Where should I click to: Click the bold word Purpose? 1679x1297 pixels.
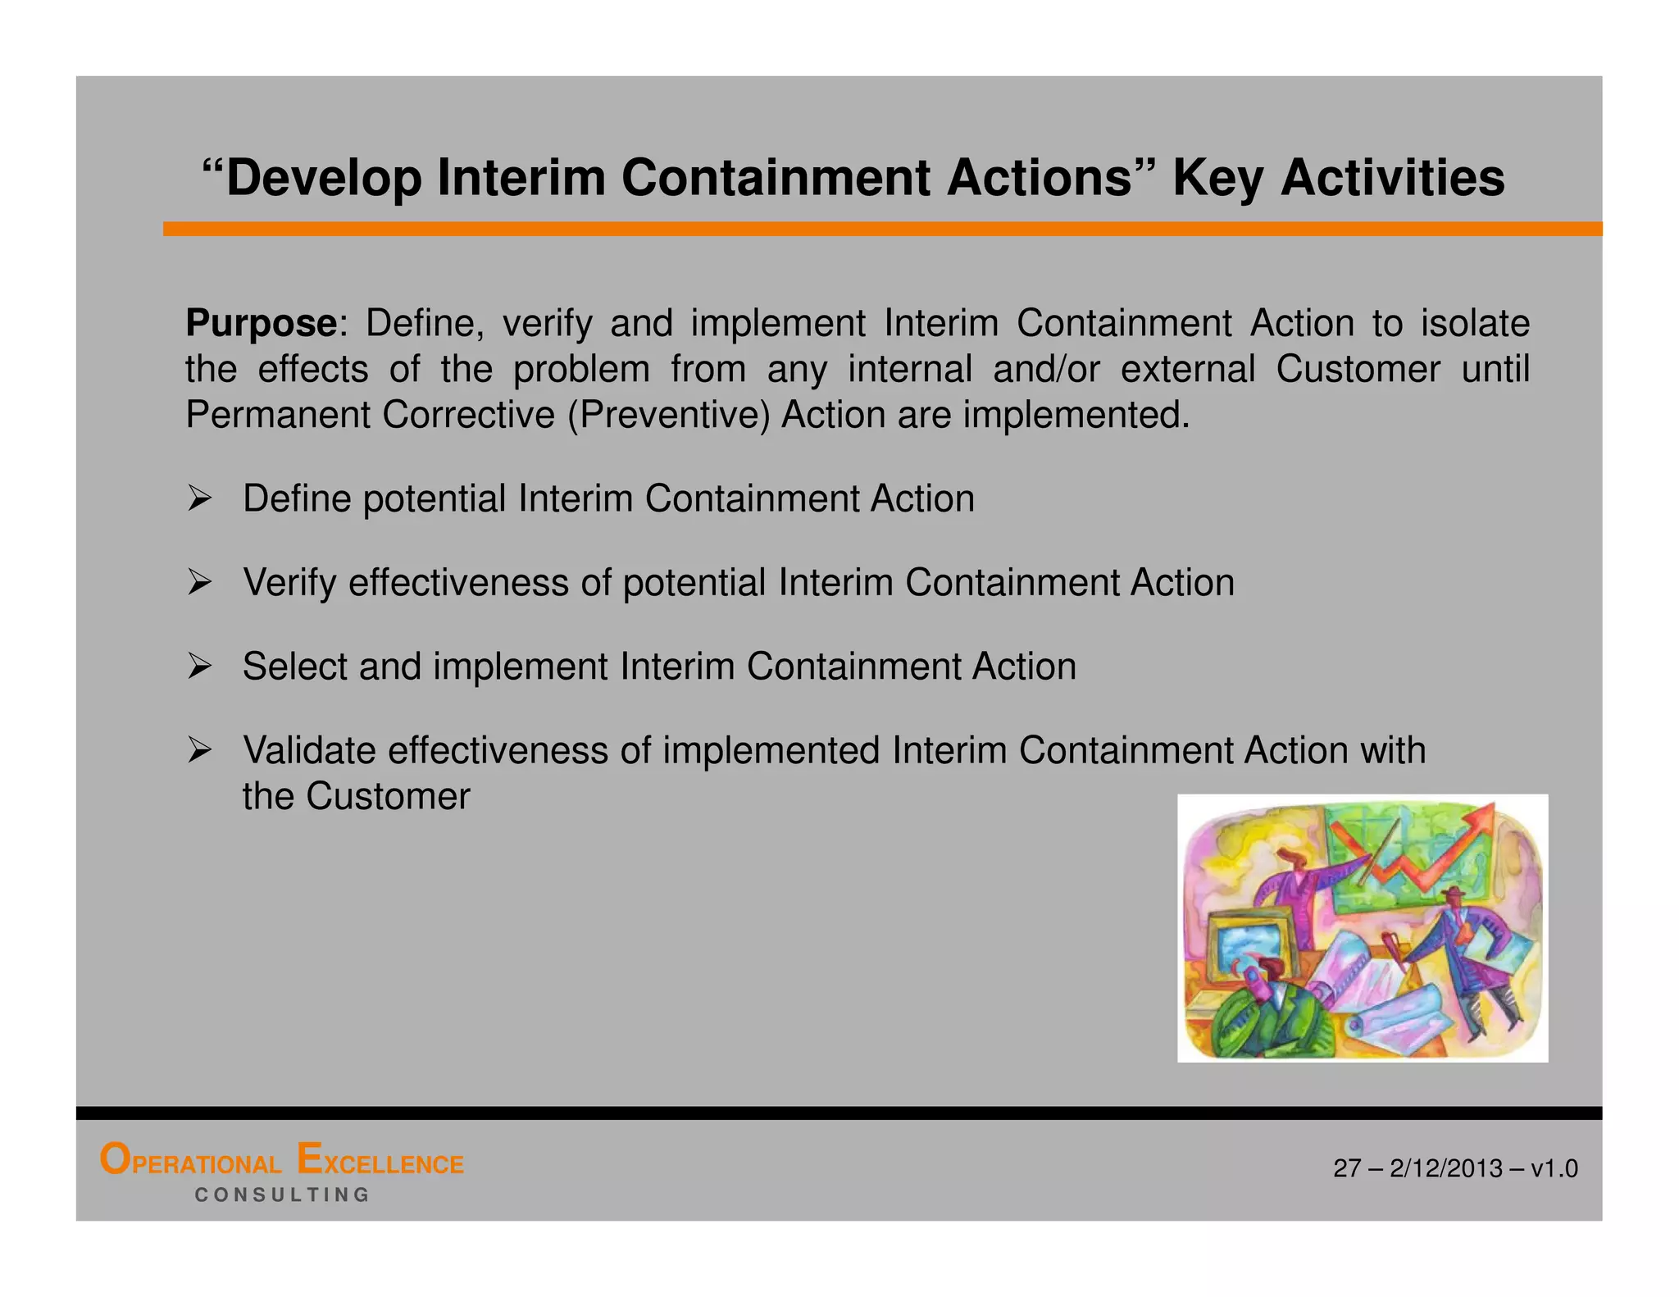[x=260, y=324]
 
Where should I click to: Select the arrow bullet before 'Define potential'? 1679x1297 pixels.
[x=199, y=498]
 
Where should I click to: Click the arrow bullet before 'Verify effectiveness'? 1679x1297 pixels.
[x=199, y=583]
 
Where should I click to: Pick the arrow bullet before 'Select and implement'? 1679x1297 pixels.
[x=199, y=667]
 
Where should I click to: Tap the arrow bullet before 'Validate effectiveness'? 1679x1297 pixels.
[x=199, y=750]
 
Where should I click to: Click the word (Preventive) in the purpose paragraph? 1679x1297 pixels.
[x=668, y=415]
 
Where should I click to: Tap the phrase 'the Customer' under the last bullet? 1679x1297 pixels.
[x=356, y=796]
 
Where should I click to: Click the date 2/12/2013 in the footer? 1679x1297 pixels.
[x=1446, y=1168]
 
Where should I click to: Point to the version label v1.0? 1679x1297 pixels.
[x=1554, y=1168]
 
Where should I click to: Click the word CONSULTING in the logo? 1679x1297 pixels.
[x=282, y=1195]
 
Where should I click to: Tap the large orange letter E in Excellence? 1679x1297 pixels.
[x=309, y=1159]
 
